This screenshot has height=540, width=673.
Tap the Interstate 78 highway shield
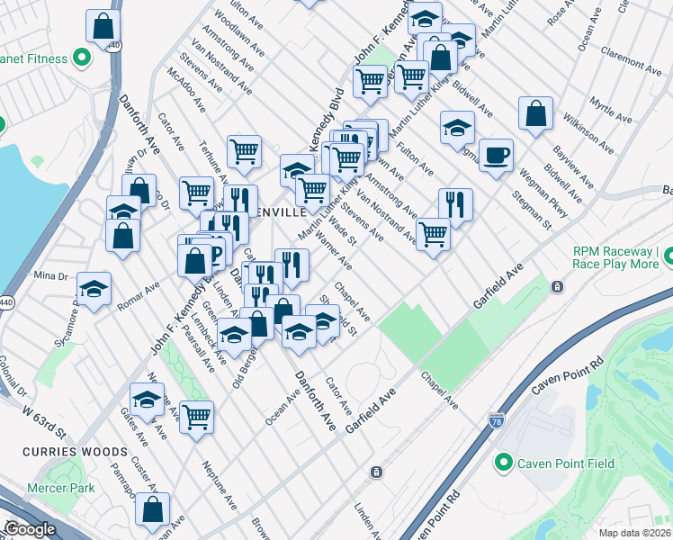(497, 420)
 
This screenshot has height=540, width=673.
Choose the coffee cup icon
(496, 155)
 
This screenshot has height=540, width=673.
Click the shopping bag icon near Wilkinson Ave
(535, 113)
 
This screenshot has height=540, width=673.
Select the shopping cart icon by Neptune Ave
(196, 417)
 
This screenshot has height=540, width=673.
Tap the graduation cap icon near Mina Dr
(94, 289)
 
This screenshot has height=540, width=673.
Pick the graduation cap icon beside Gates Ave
(147, 399)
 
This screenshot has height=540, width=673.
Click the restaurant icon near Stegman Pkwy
(455, 204)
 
